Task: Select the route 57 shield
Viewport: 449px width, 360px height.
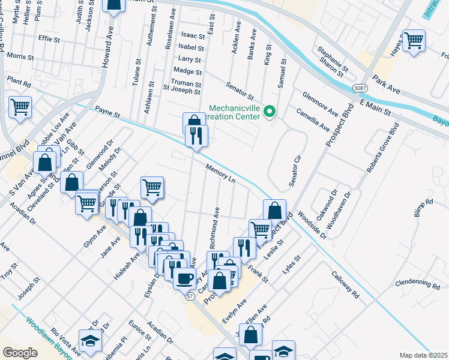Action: [190, 296]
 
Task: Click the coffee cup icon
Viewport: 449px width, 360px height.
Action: [185, 277]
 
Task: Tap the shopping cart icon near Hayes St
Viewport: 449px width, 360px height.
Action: [414, 41]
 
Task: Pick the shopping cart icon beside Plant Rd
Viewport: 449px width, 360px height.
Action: [20, 108]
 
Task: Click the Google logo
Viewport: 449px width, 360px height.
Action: [20, 352]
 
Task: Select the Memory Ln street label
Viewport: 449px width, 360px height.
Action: [220, 172]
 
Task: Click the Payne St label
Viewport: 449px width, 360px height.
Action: [108, 112]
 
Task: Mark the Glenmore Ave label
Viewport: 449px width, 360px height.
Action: [321, 104]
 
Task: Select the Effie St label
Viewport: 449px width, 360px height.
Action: [49, 39]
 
